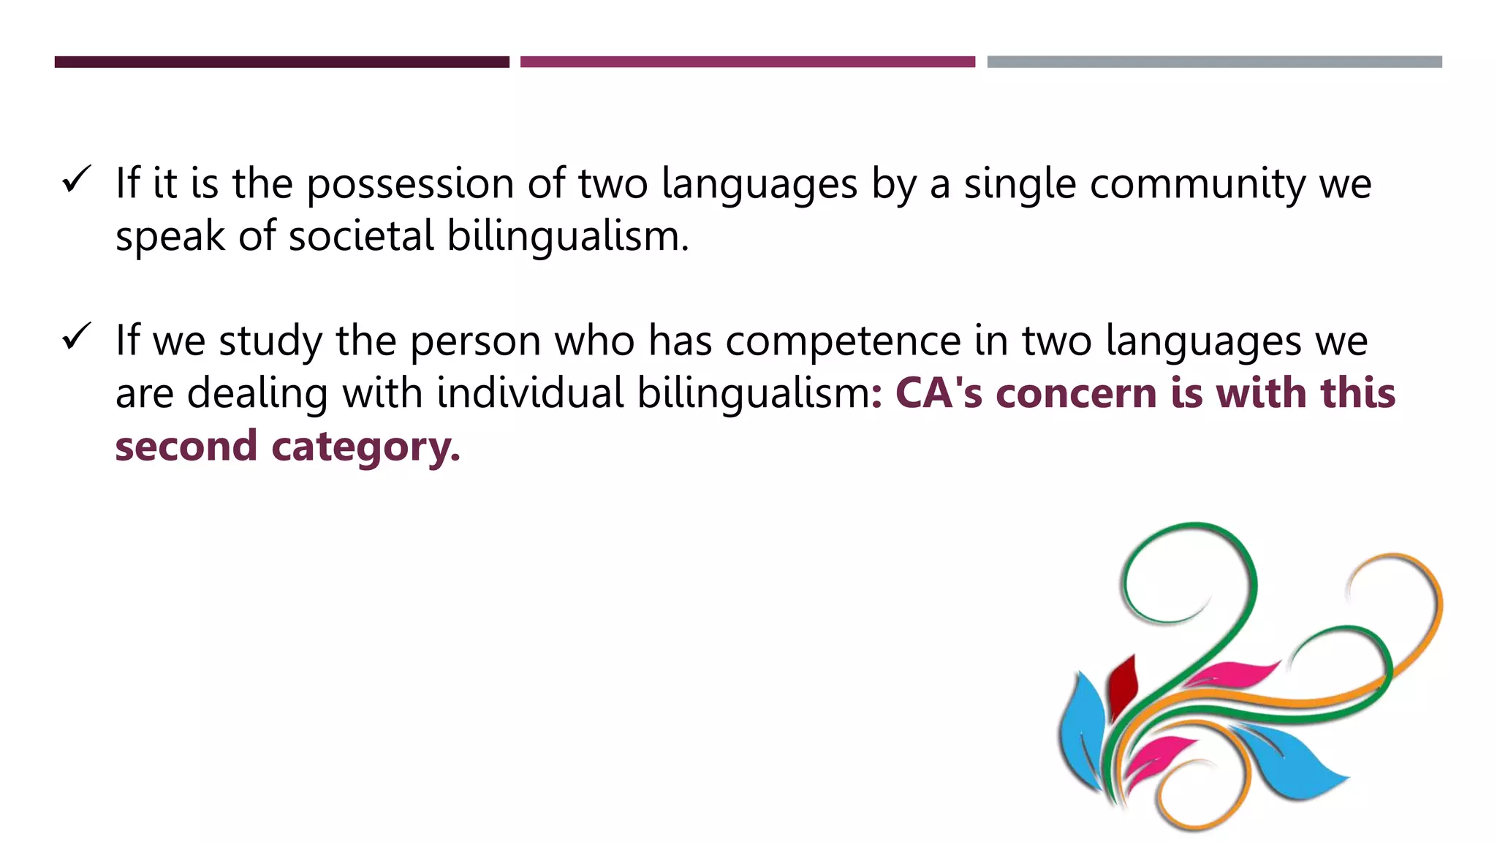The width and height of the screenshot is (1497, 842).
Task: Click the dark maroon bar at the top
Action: [x=281, y=62]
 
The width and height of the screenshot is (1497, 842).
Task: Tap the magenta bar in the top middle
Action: [x=747, y=62]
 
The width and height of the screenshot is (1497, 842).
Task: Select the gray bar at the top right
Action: [x=1214, y=62]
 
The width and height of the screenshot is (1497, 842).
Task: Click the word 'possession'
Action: [x=410, y=184]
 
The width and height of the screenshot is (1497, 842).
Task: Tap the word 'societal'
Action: [x=362, y=236]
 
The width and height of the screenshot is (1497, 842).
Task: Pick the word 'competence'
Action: [x=843, y=341]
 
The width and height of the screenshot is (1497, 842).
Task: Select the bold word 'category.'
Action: [x=365, y=447]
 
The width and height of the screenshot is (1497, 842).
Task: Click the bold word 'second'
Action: [x=186, y=446]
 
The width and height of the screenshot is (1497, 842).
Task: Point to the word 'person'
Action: [x=475, y=341]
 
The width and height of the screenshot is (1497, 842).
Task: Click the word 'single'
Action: [x=1020, y=184]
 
